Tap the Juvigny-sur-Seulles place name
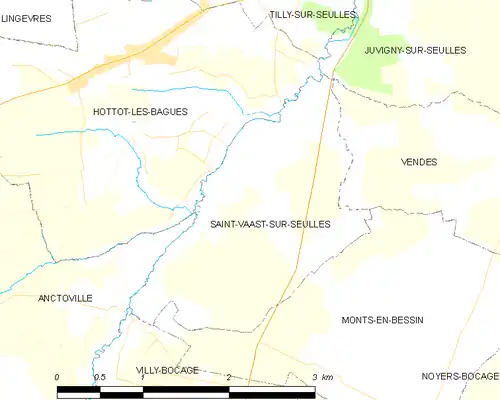[x=415, y=50]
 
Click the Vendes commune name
[x=418, y=161]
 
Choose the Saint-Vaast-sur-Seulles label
[x=269, y=224]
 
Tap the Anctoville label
[x=65, y=298]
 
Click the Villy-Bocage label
[x=167, y=370]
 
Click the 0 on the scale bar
[x=58, y=376]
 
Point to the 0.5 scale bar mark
[x=100, y=376]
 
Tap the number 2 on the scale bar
[x=229, y=376]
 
